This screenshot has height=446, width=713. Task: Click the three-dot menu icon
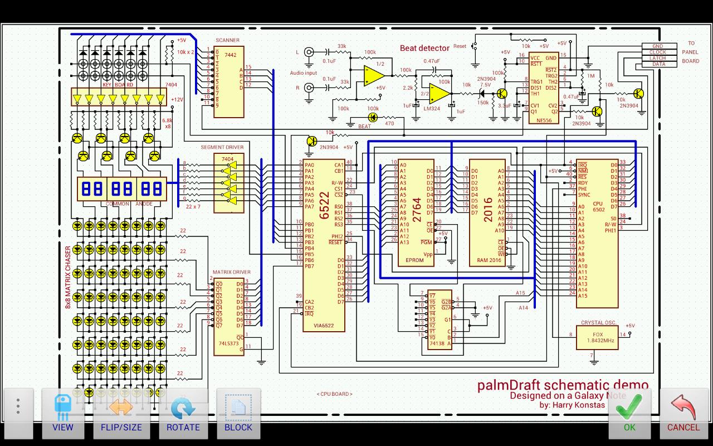18,406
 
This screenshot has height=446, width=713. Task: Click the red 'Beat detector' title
424,49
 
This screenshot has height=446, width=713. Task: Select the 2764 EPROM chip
416,212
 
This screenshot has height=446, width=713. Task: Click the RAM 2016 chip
488,212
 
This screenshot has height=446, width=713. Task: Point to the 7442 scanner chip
229,81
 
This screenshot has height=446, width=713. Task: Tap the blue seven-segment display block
121,188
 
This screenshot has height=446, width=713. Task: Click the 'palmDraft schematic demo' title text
563,385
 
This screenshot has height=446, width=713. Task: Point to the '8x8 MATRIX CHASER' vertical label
68,277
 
